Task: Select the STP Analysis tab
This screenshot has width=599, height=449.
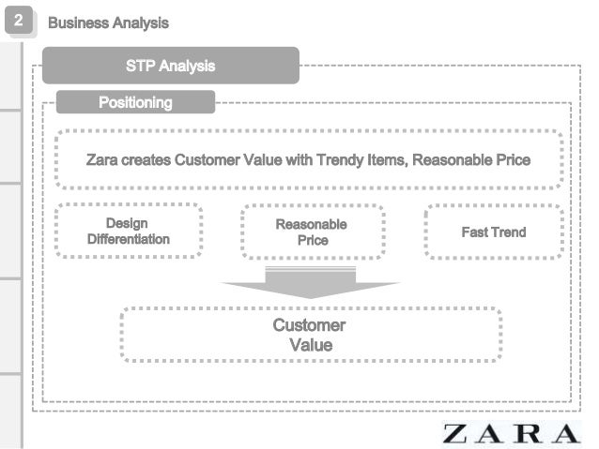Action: (170, 66)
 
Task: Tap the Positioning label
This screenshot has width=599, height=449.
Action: (135, 102)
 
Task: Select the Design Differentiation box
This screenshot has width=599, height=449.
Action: (129, 232)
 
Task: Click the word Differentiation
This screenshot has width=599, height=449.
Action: (129, 240)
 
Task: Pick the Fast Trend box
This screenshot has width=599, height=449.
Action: (494, 232)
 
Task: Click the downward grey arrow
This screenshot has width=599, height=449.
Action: (310, 283)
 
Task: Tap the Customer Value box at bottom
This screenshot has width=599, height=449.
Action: (310, 335)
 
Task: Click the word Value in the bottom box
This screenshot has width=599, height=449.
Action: (311, 345)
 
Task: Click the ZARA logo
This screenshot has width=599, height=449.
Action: (512, 434)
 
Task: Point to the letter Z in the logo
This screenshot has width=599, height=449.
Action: (456, 434)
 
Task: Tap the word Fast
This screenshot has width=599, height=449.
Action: (475, 232)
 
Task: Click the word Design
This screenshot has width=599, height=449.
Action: (127, 224)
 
